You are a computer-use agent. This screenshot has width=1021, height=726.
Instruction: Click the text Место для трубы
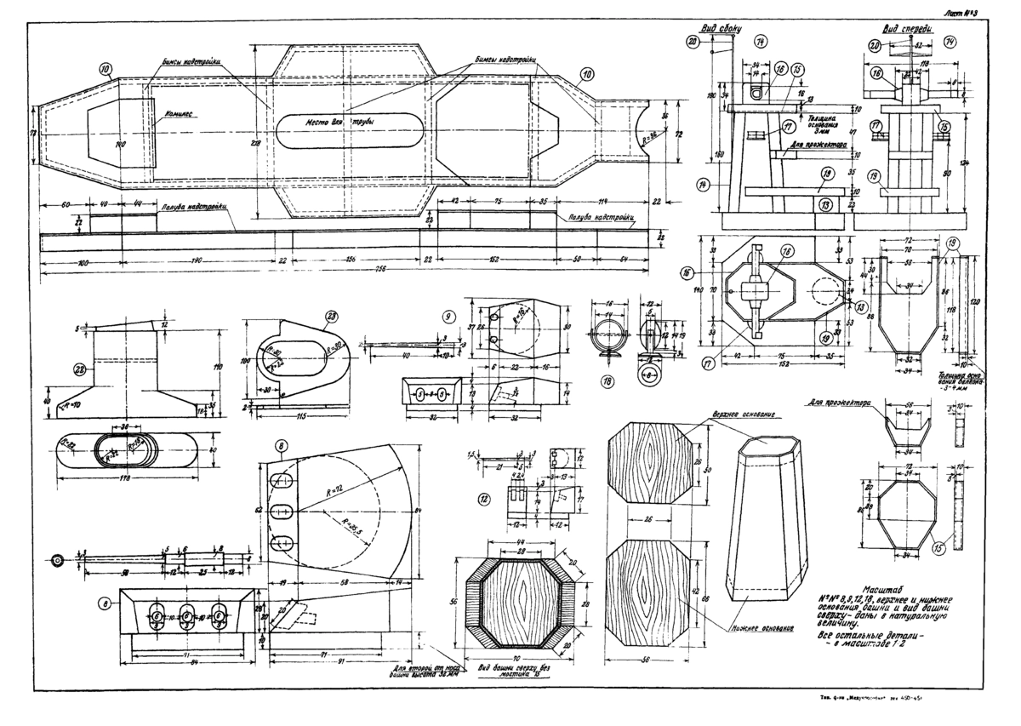339,122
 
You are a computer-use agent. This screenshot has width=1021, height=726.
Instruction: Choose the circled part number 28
80,369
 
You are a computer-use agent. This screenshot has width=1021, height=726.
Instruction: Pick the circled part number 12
483,499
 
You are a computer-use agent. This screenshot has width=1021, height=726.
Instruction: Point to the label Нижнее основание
761,631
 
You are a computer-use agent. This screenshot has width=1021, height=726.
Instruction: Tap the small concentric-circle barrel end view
58,560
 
